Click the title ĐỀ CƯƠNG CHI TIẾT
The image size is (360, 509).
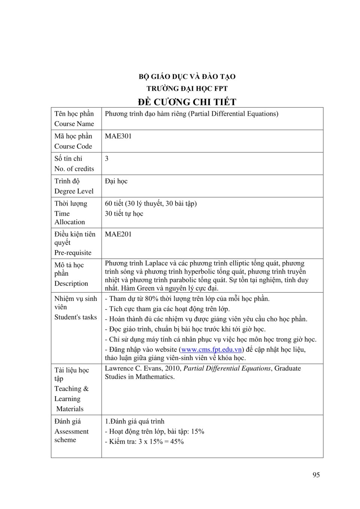[187, 102]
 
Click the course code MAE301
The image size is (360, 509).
[118, 136]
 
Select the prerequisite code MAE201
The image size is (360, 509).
[118, 234]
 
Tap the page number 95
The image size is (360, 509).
[316, 475]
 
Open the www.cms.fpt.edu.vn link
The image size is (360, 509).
[211, 350]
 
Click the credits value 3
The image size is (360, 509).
[107, 159]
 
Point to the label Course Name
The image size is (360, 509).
[74, 124]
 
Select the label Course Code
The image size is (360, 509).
[73, 146]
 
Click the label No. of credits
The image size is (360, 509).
[74, 169]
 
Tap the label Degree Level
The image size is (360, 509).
[74, 191]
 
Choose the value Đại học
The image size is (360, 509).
[116, 181]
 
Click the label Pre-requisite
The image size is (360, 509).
[73, 253]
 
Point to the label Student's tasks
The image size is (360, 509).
[75, 317]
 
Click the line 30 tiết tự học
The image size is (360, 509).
[124, 214]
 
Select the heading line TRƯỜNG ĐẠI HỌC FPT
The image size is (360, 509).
[187, 89]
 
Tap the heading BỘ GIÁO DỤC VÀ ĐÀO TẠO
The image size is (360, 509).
[187, 77]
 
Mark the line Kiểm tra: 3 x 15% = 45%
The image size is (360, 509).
[145, 442]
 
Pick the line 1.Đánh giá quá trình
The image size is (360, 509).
[135, 422]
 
